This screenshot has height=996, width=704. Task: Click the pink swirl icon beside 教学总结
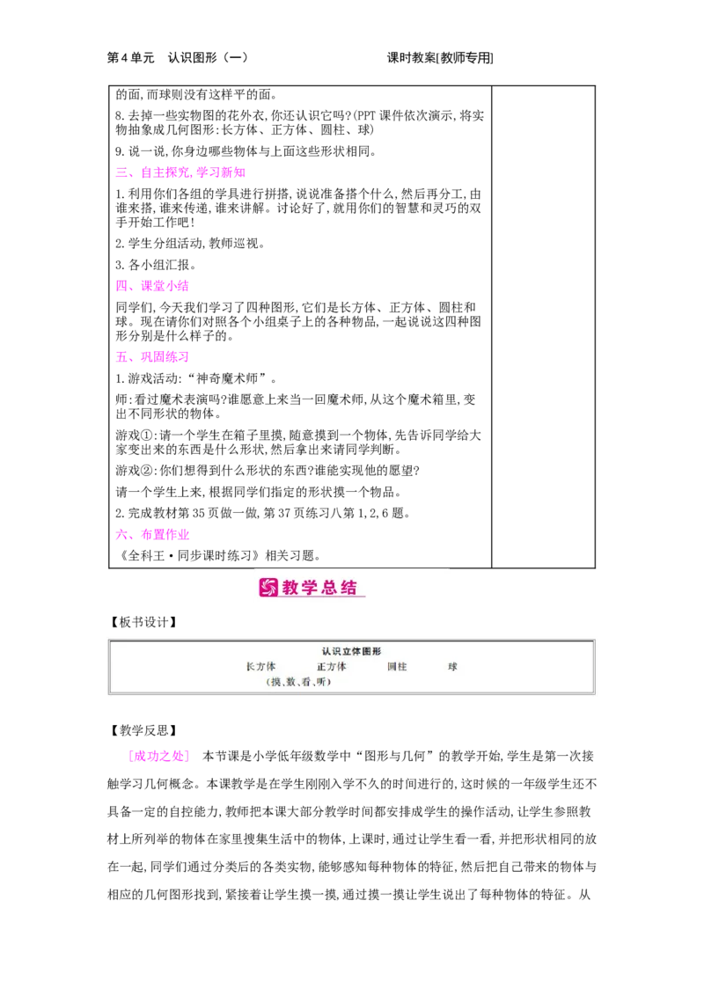click(x=268, y=587)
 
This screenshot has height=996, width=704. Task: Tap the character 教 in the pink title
click(x=291, y=588)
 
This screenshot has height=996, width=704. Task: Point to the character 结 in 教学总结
click(x=349, y=588)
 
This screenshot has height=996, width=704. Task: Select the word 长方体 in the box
click(x=260, y=667)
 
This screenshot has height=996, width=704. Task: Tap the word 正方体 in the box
click(x=332, y=667)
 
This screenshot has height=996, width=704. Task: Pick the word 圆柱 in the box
click(x=397, y=667)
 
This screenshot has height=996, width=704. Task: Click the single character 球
click(x=452, y=667)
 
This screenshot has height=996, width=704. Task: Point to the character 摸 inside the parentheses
click(x=275, y=682)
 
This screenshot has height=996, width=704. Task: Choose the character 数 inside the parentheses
click(x=291, y=682)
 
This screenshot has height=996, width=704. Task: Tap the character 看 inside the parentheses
click(x=306, y=682)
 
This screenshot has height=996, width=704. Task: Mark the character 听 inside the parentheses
click(x=321, y=682)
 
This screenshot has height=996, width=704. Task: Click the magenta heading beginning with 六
click(x=151, y=534)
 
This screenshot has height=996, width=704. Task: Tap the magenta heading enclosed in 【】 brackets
click(x=158, y=756)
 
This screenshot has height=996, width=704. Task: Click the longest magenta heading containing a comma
click(x=180, y=173)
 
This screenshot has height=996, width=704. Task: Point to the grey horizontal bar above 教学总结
click(x=352, y=566)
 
